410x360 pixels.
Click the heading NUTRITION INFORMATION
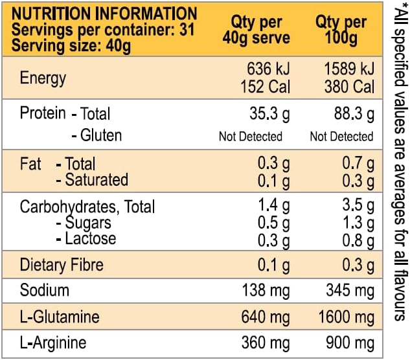tap(104, 13)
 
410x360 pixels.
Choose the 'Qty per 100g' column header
tap(342, 30)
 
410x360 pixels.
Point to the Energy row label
tap(43, 78)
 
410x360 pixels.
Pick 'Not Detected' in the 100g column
tap(341, 136)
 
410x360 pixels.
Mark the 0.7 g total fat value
tap(357, 164)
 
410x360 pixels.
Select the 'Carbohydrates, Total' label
tap(87, 207)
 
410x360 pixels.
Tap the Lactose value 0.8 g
tap(357, 240)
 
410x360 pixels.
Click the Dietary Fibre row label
tap(62, 265)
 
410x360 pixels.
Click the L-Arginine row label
tap(53, 342)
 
